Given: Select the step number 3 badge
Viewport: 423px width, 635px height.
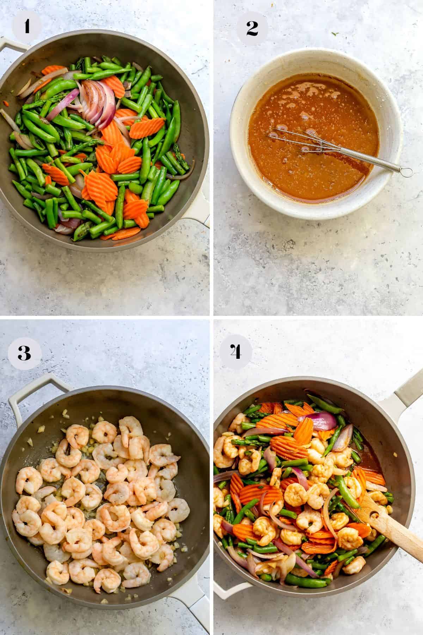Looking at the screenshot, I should tap(24, 353).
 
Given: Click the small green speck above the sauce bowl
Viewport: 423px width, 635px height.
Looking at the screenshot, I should tap(333, 34).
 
